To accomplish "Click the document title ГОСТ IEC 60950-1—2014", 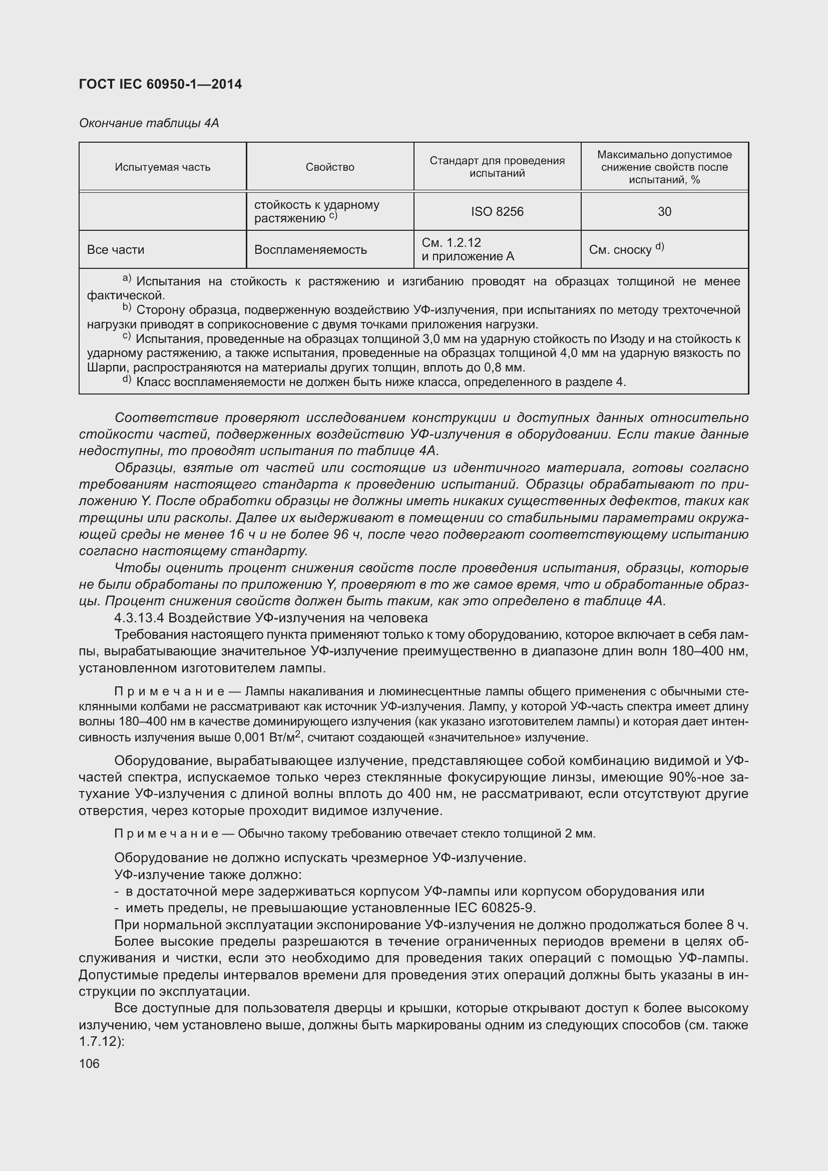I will pyautogui.click(x=160, y=84).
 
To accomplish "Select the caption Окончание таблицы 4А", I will pyautogui.click(x=149, y=123).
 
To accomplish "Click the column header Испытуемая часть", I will pyautogui.click(x=162, y=167).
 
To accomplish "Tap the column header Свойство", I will pyautogui.click(x=330, y=167).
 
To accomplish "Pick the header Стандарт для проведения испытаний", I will pyautogui.click(x=497, y=167).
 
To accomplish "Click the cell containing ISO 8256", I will pyautogui.click(x=497, y=212).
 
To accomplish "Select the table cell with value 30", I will pyautogui.click(x=664, y=212).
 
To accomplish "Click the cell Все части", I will pyautogui.click(x=116, y=250).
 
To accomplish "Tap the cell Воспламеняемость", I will pyautogui.click(x=310, y=250).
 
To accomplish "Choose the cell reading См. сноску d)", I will pyautogui.click(x=626, y=249).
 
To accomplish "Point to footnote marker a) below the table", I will pyautogui.click(x=127, y=279).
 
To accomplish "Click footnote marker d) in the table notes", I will pyautogui.click(x=127, y=380).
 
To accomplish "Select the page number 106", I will pyautogui.click(x=89, y=1064).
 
